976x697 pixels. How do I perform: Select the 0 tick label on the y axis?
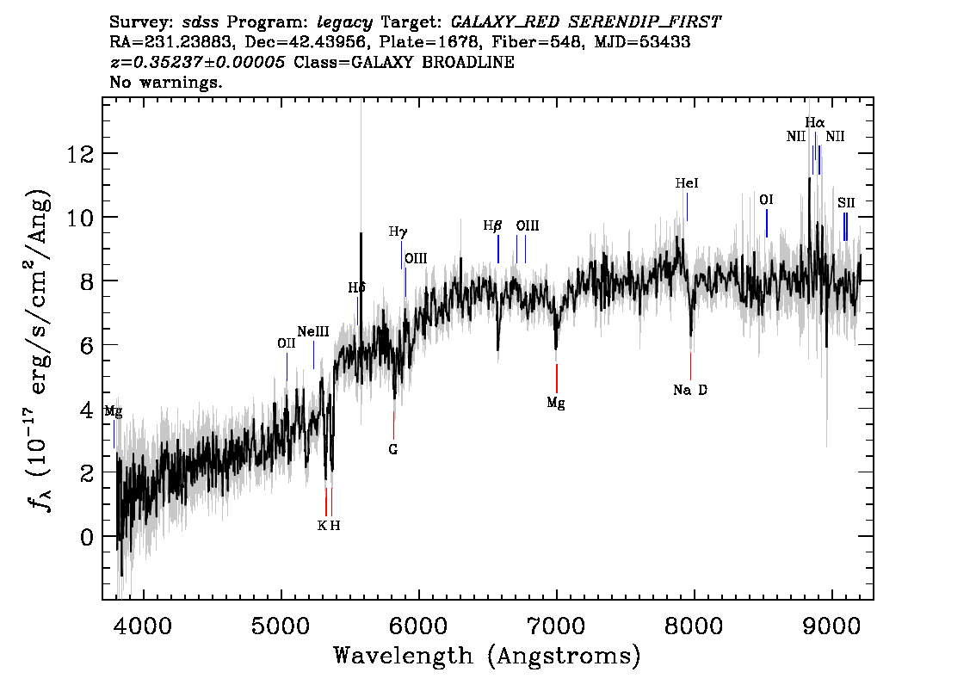85,538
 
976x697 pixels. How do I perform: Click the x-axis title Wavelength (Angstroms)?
487,656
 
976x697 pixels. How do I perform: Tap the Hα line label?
814,123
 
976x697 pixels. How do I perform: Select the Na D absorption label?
690,390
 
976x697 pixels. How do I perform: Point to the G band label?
393,448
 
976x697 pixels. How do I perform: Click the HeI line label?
687,183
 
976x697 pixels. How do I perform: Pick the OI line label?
766,200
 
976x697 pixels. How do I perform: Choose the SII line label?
846,203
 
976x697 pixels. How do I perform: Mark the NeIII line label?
313,331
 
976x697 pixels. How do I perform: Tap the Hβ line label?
492,225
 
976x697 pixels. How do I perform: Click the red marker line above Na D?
690,365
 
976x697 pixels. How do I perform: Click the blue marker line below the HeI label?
687,207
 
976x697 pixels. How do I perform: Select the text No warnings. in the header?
166,83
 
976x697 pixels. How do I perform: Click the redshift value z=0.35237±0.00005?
200,63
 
